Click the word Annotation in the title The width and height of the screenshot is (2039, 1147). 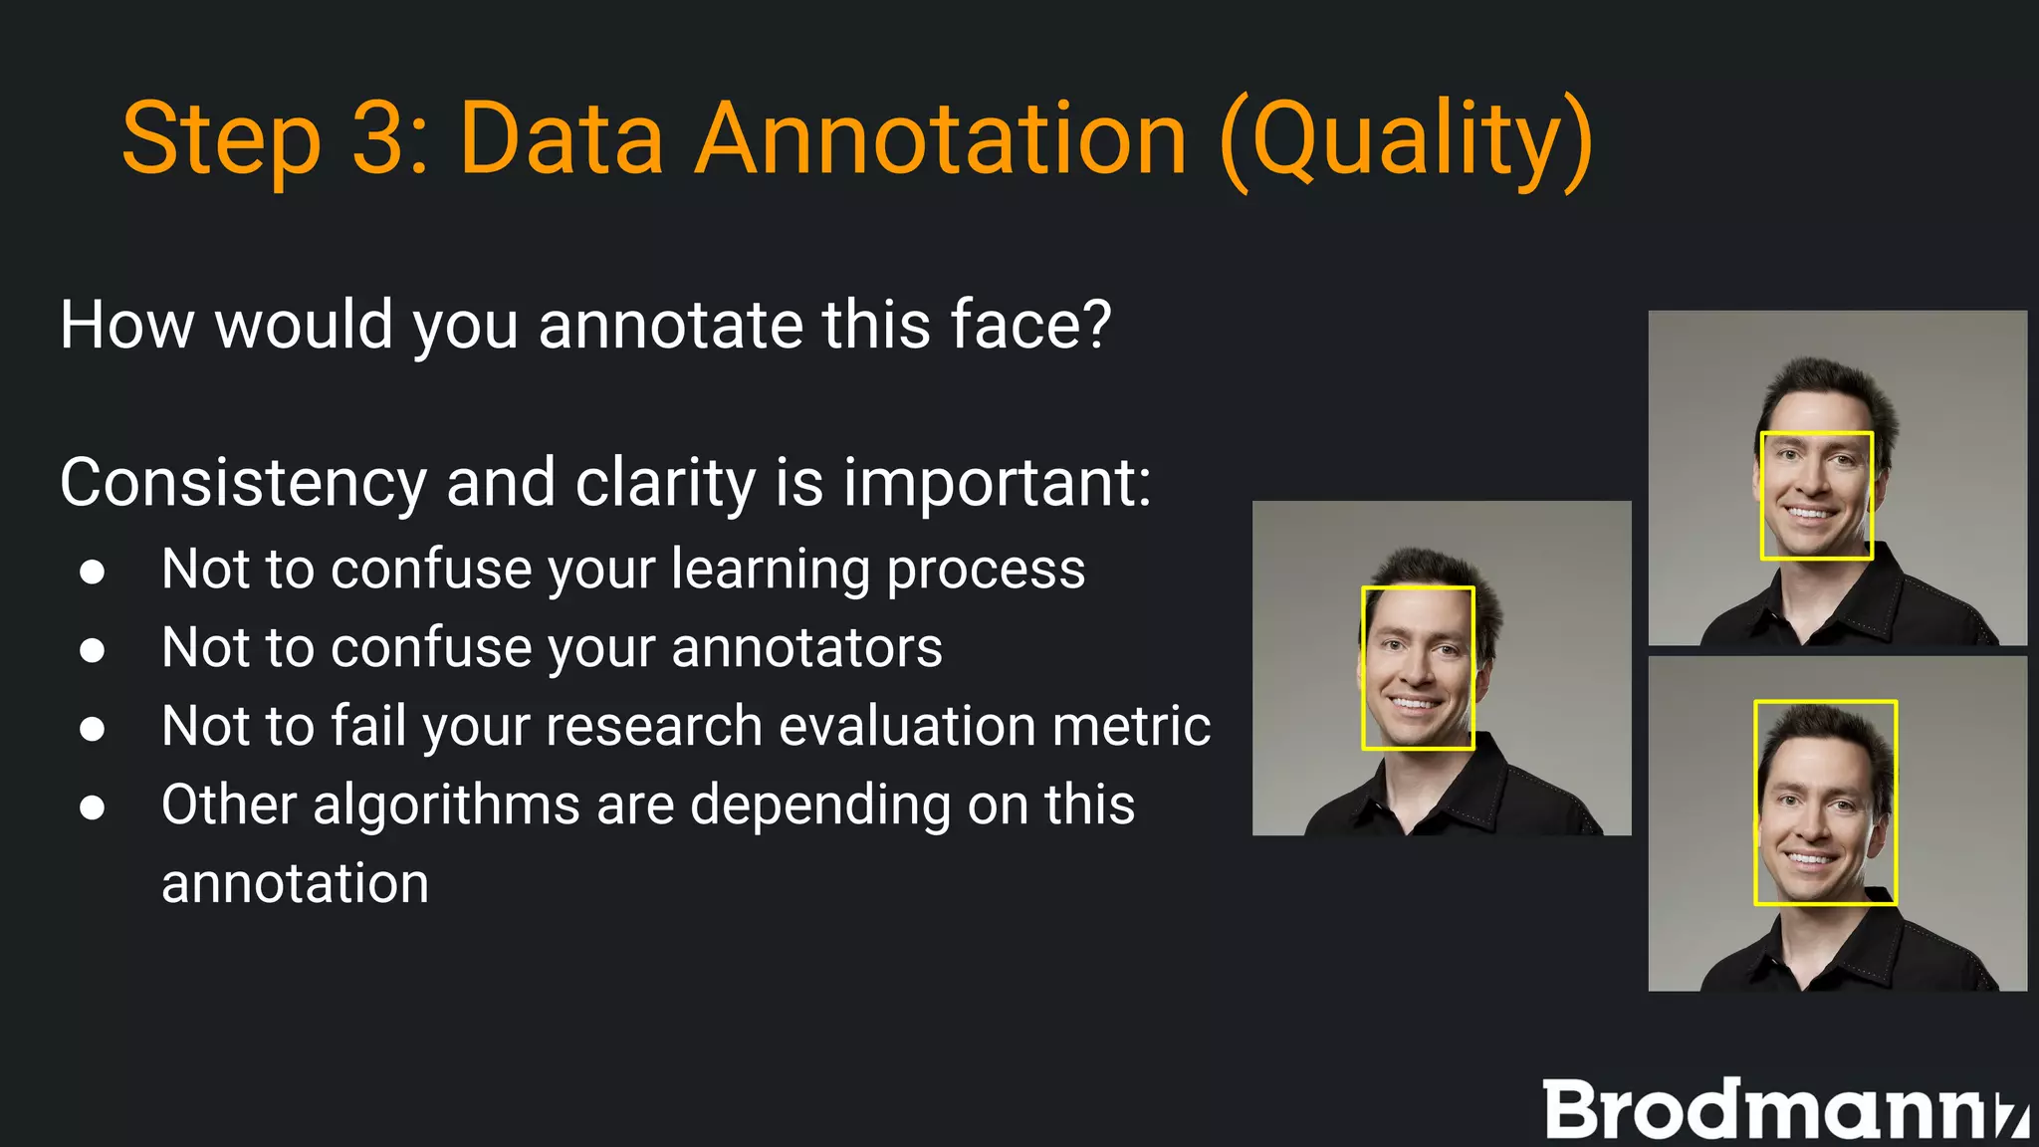940,138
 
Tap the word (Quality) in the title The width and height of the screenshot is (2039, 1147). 1406,138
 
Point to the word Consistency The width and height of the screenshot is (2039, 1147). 243,484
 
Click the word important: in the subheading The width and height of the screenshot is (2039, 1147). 997,484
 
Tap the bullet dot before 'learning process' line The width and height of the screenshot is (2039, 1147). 93,573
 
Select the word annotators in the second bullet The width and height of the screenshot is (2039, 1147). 806,648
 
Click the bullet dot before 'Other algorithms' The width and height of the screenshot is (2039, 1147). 93,807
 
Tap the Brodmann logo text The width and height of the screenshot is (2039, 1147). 1782,1109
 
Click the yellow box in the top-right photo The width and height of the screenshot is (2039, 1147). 1817,433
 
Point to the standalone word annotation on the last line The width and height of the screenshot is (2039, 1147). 295,884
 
